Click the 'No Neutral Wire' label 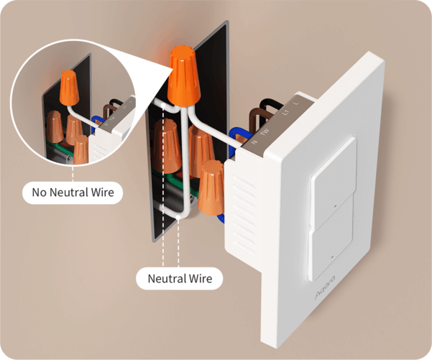point(73,193)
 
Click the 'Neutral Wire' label point(180,278)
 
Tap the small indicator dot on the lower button point(328,255)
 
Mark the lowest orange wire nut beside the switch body point(212,188)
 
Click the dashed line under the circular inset point(73,172)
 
